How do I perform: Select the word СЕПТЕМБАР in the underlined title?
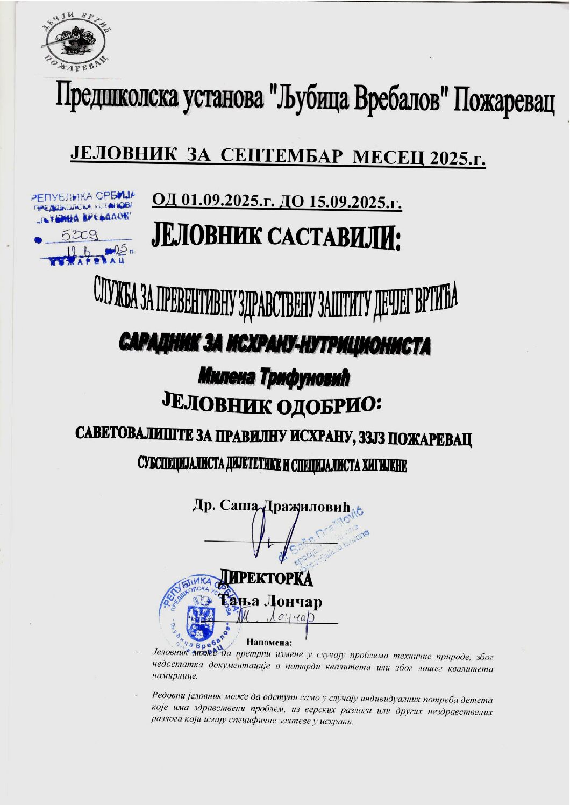[x=282, y=155]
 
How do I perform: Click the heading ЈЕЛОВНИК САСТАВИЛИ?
[x=277, y=237]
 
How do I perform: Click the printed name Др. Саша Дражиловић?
[x=272, y=507]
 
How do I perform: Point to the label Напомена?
[x=269, y=642]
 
